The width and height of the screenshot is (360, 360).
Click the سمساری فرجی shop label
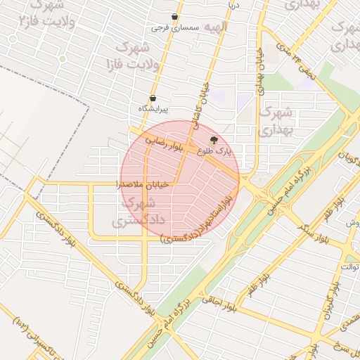coord(176,27)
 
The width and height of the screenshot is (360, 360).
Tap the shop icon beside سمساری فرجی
coord(174,17)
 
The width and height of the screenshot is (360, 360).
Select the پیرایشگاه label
coord(154,108)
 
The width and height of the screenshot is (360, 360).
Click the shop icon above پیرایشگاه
coord(153,98)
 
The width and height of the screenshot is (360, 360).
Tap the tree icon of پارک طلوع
coord(214,140)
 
